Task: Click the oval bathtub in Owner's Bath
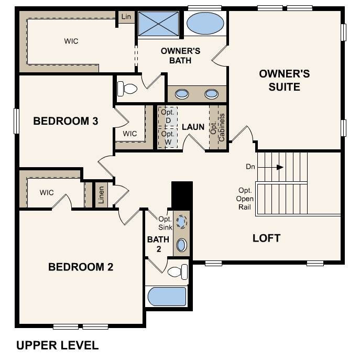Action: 205,23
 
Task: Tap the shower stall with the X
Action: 159,24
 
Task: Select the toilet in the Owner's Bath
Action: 127,89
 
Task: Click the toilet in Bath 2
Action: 178,272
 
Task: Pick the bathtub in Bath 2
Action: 167,297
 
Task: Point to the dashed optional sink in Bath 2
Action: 181,222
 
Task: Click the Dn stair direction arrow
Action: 270,167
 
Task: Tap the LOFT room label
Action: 267,238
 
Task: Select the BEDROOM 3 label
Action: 66,121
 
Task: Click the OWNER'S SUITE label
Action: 285,80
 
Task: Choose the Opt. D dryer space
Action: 168,117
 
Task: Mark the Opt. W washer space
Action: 168,138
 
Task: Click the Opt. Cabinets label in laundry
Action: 217,127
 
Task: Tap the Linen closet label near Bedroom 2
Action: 101,195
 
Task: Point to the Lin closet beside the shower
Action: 126,17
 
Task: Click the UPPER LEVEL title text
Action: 58,345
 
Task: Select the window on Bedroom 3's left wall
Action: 16,121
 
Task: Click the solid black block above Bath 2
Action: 182,195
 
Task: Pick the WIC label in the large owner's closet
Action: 71,41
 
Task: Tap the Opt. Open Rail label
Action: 245,199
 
